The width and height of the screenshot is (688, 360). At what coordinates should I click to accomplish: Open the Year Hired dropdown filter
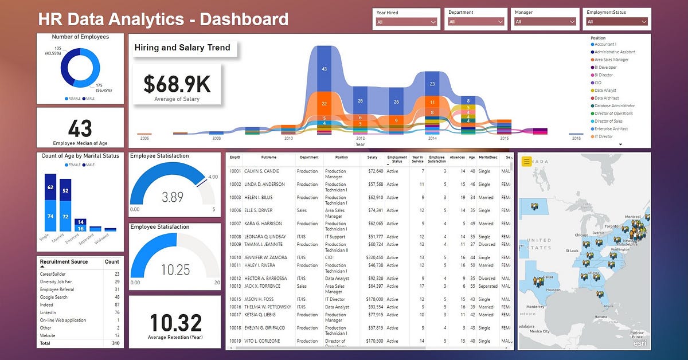point(406,22)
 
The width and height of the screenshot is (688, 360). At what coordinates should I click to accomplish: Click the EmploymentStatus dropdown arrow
point(644,22)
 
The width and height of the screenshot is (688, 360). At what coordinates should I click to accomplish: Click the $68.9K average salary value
point(177,84)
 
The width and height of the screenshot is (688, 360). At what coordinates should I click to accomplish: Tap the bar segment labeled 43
point(324,69)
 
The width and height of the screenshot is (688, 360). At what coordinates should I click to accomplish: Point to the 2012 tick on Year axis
point(359,139)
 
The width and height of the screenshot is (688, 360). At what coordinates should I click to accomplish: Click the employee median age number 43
point(80,128)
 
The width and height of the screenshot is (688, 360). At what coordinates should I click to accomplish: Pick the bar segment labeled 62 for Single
point(50,187)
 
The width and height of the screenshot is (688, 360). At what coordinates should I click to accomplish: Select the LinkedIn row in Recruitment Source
point(48,312)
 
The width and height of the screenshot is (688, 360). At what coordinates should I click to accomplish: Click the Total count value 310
point(112,343)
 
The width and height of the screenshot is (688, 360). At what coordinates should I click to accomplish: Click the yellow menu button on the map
point(527,161)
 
